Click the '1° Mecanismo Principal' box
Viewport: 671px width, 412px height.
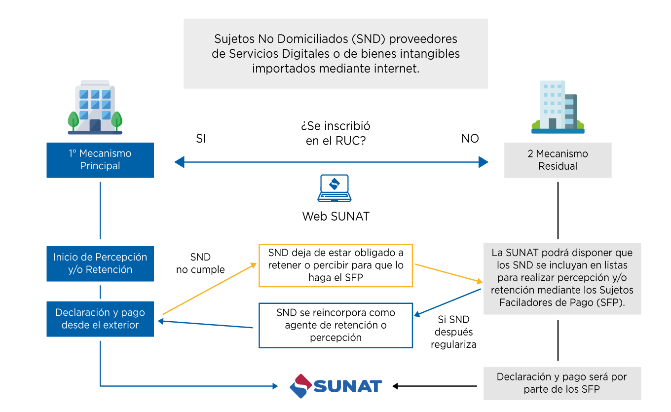click(x=100, y=160)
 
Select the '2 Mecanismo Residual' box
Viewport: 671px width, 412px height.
click(x=558, y=160)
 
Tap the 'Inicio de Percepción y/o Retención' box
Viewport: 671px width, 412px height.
click(x=100, y=263)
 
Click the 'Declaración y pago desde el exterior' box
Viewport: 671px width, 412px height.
click(x=100, y=319)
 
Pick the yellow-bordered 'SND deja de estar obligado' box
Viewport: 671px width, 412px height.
click(x=335, y=265)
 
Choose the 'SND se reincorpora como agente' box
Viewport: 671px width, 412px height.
click(x=335, y=325)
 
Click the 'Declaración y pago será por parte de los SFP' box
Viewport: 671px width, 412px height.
click(x=561, y=383)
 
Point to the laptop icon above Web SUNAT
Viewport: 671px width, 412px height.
click(x=335, y=188)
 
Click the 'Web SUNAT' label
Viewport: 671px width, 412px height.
click(x=335, y=216)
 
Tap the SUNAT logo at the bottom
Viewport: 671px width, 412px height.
click(x=335, y=386)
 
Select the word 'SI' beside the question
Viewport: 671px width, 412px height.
click(x=201, y=139)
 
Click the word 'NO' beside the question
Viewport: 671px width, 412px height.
click(x=470, y=139)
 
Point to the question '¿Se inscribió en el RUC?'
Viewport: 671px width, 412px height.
click(x=335, y=133)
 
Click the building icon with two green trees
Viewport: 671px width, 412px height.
click(x=95, y=107)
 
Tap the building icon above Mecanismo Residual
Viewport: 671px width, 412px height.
click(x=558, y=107)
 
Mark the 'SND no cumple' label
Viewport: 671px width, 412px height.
click(x=200, y=263)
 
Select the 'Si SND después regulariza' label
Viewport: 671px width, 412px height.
click(x=453, y=332)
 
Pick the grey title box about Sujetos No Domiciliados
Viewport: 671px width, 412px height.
click(x=335, y=54)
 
